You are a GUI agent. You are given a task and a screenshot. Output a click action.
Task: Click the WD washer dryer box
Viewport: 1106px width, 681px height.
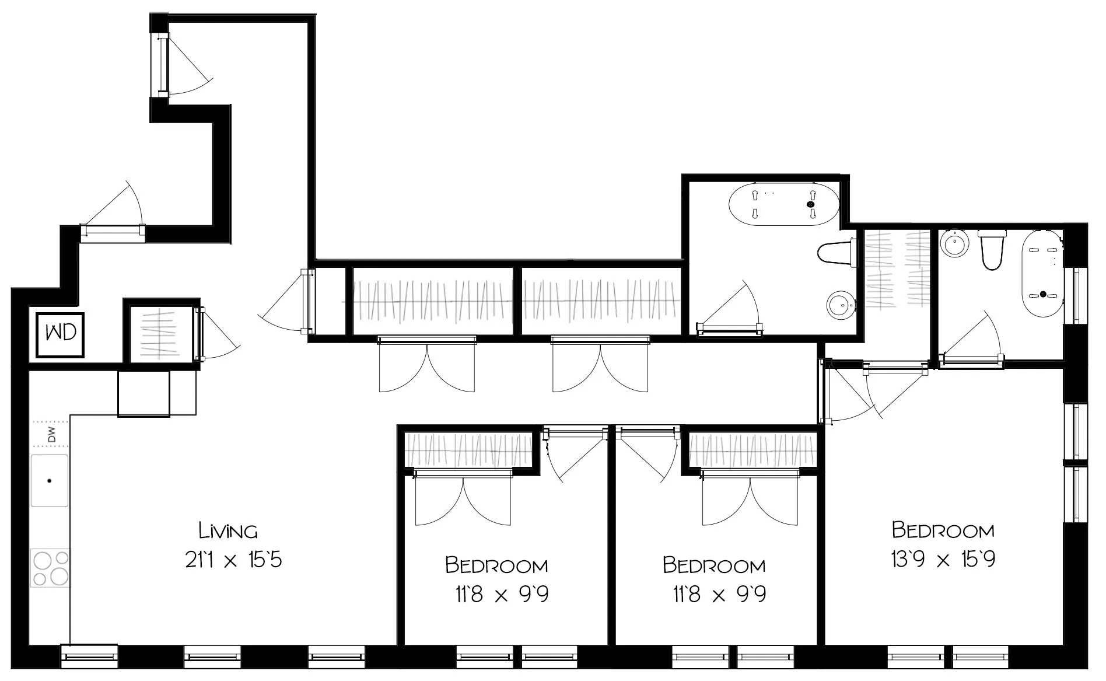pos(61,334)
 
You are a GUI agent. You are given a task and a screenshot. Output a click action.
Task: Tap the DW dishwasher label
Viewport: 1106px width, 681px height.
pos(51,435)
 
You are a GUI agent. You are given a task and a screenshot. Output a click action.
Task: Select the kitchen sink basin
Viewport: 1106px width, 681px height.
pos(50,481)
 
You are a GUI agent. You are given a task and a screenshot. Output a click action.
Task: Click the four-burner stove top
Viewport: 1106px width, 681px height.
pos(51,568)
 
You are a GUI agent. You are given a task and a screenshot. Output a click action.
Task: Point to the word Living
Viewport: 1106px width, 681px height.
pos(228,531)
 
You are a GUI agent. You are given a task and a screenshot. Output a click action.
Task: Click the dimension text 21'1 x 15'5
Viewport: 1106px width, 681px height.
pos(233,560)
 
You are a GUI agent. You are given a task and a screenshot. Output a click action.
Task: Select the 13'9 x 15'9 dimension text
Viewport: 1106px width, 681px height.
pos(943,560)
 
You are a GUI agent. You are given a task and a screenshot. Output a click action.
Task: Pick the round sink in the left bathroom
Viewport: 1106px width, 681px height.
pos(840,305)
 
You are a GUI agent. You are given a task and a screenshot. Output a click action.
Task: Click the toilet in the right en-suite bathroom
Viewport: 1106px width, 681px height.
pos(992,250)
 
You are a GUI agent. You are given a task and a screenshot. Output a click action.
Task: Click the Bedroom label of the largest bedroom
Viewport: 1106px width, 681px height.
pos(943,530)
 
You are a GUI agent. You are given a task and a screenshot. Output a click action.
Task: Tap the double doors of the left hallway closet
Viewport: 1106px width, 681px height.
pos(427,368)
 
